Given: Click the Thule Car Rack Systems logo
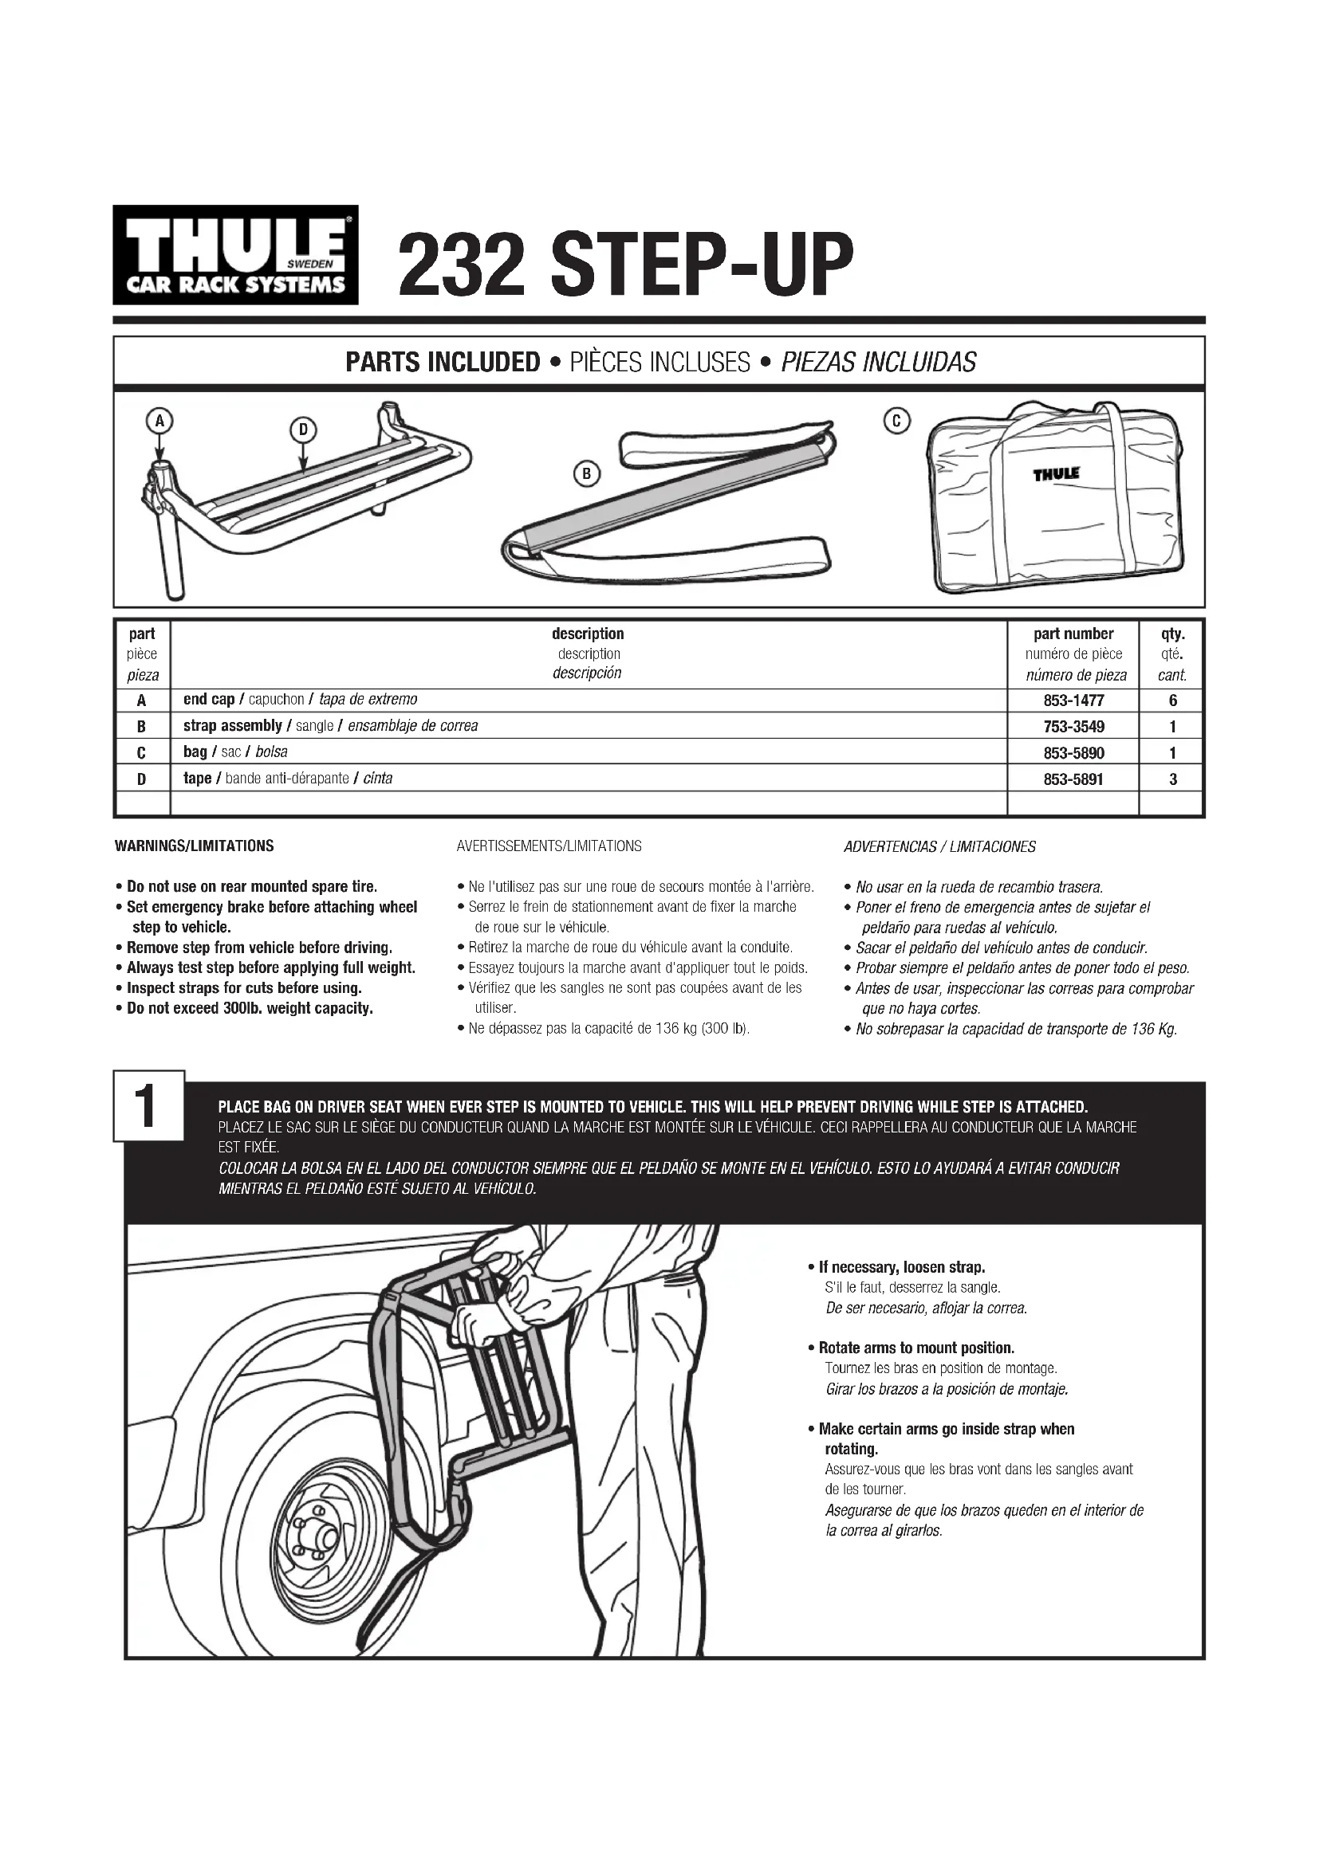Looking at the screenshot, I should tap(234, 254).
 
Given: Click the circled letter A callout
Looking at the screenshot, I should tap(160, 421).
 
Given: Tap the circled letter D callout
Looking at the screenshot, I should tap(302, 430).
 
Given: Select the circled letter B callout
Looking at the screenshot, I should tap(585, 473).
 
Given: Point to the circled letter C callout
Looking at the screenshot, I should tap(896, 421).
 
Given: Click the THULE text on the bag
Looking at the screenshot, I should tap(1056, 473).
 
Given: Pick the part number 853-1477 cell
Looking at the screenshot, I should tap(1073, 700).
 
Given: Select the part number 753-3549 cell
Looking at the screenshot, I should tap(1073, 726).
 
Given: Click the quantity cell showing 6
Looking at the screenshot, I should tap(1172, 700).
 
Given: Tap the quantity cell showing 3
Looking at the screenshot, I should tap(1172, 779).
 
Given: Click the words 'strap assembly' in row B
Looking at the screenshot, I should tap(232, 726).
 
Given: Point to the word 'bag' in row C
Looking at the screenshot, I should tap(195, 751).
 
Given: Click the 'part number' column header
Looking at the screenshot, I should tap(1073, 634).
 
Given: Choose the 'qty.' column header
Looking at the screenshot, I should tap(1172, 634).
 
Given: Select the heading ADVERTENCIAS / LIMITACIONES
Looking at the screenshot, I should tap(939, 847).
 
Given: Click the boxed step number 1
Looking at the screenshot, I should tap(148, 1109).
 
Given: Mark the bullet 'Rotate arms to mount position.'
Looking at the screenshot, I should tap(916, 1348).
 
